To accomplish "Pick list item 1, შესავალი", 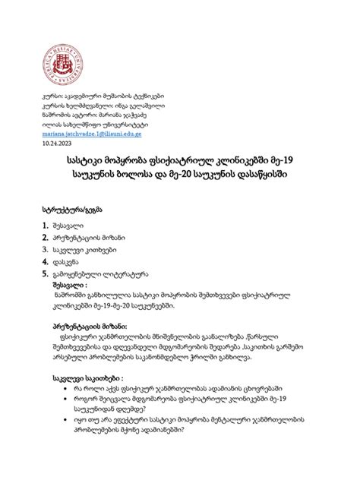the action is (68, 226).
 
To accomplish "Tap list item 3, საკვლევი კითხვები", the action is (84, 250).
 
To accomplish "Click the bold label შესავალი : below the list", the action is (72, 286).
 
